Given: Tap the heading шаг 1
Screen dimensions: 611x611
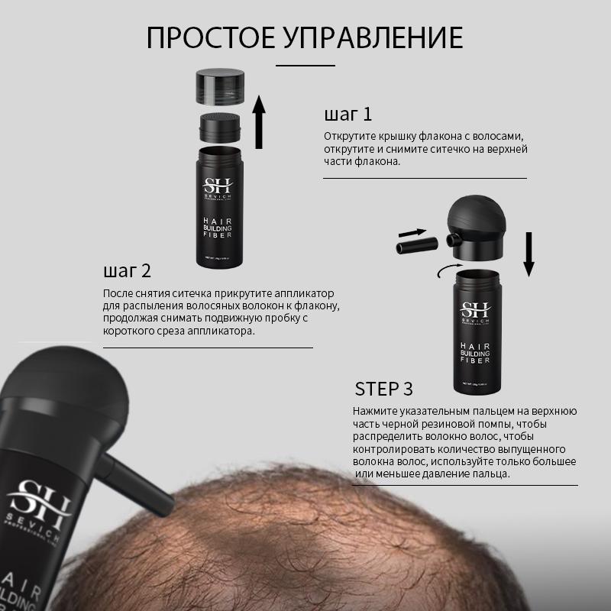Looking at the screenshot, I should click(x=348, y=115).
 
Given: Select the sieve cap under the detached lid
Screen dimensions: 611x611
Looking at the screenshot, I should click(x=220, y=127).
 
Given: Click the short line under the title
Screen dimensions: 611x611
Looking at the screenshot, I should click(x=305, y=66).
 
